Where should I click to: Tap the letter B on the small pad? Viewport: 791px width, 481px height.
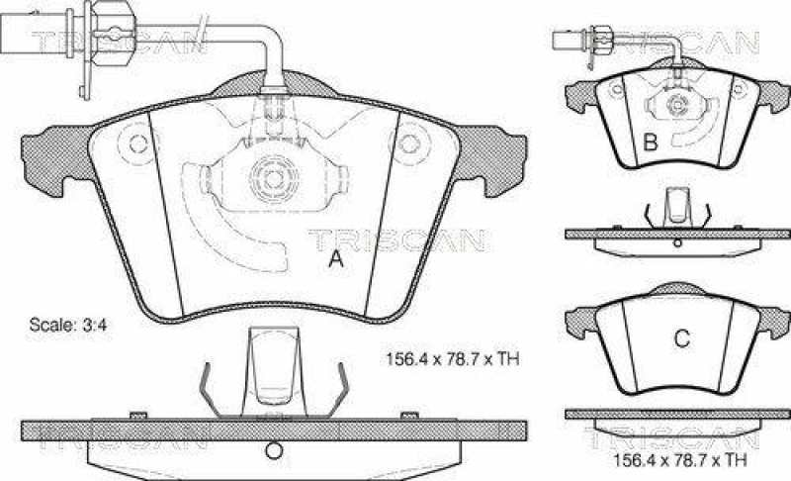pos(651,144)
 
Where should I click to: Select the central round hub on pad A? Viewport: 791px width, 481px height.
pos(271,178)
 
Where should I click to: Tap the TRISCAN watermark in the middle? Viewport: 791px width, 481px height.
pos(395,239)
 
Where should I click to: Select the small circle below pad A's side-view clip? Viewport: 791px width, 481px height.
pos(272,453)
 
